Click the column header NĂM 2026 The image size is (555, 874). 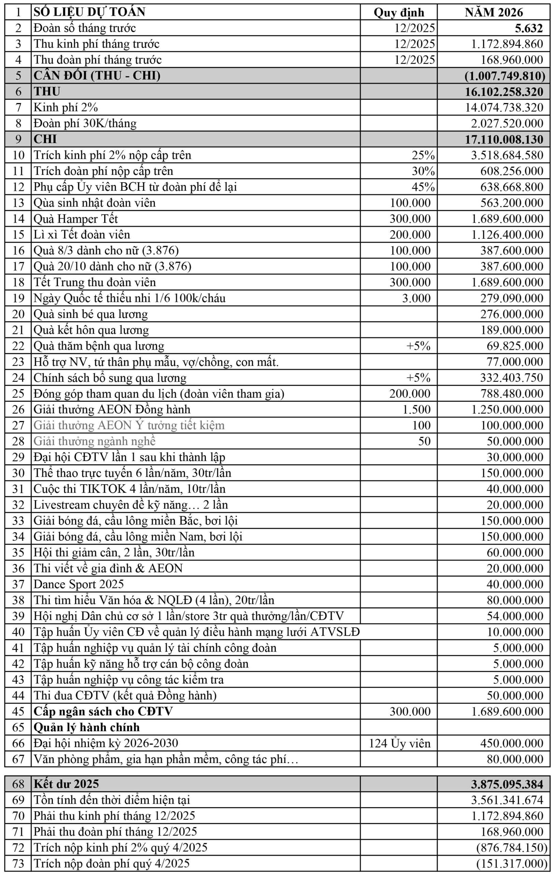tap(494, 12)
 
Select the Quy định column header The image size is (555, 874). tap(399, 12)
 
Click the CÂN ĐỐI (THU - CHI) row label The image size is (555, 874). tap(97, 75)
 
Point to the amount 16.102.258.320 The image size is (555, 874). tap(504, 91)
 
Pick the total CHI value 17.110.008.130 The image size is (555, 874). tap(504, 139)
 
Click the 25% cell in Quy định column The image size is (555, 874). tap(423, 155)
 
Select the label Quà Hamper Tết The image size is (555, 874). tap(75, 219)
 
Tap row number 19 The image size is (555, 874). tap(18, 298)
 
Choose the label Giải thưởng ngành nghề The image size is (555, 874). tap(94, 441)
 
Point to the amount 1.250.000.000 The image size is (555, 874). tap(507, 409)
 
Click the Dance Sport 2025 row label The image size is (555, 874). tap(79, 584)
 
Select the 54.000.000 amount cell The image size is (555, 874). tap(515, 616)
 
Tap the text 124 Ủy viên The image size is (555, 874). tap(400, 743)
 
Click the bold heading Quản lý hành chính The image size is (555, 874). tap(86, 727)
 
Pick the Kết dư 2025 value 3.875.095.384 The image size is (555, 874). tap(507, 784)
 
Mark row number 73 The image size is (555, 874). tap(18, 864)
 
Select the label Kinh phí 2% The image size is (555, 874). tap(66, 108)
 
